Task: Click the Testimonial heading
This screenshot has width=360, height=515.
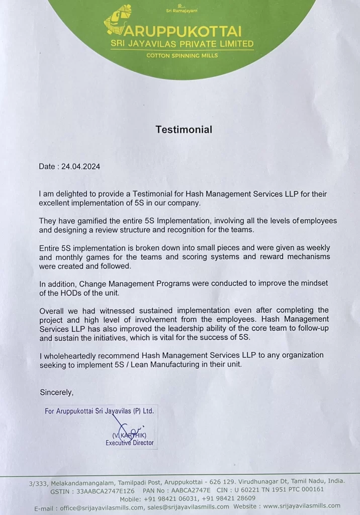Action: pos(184,130)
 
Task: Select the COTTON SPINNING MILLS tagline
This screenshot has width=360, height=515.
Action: pos(182,55)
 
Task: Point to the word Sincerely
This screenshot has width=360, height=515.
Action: pos(56,392)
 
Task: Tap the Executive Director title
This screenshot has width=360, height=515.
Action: pos(129,443)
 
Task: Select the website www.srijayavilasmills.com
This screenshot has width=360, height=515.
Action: pos(301,506)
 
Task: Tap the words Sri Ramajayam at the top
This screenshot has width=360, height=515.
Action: pos(182,10)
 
